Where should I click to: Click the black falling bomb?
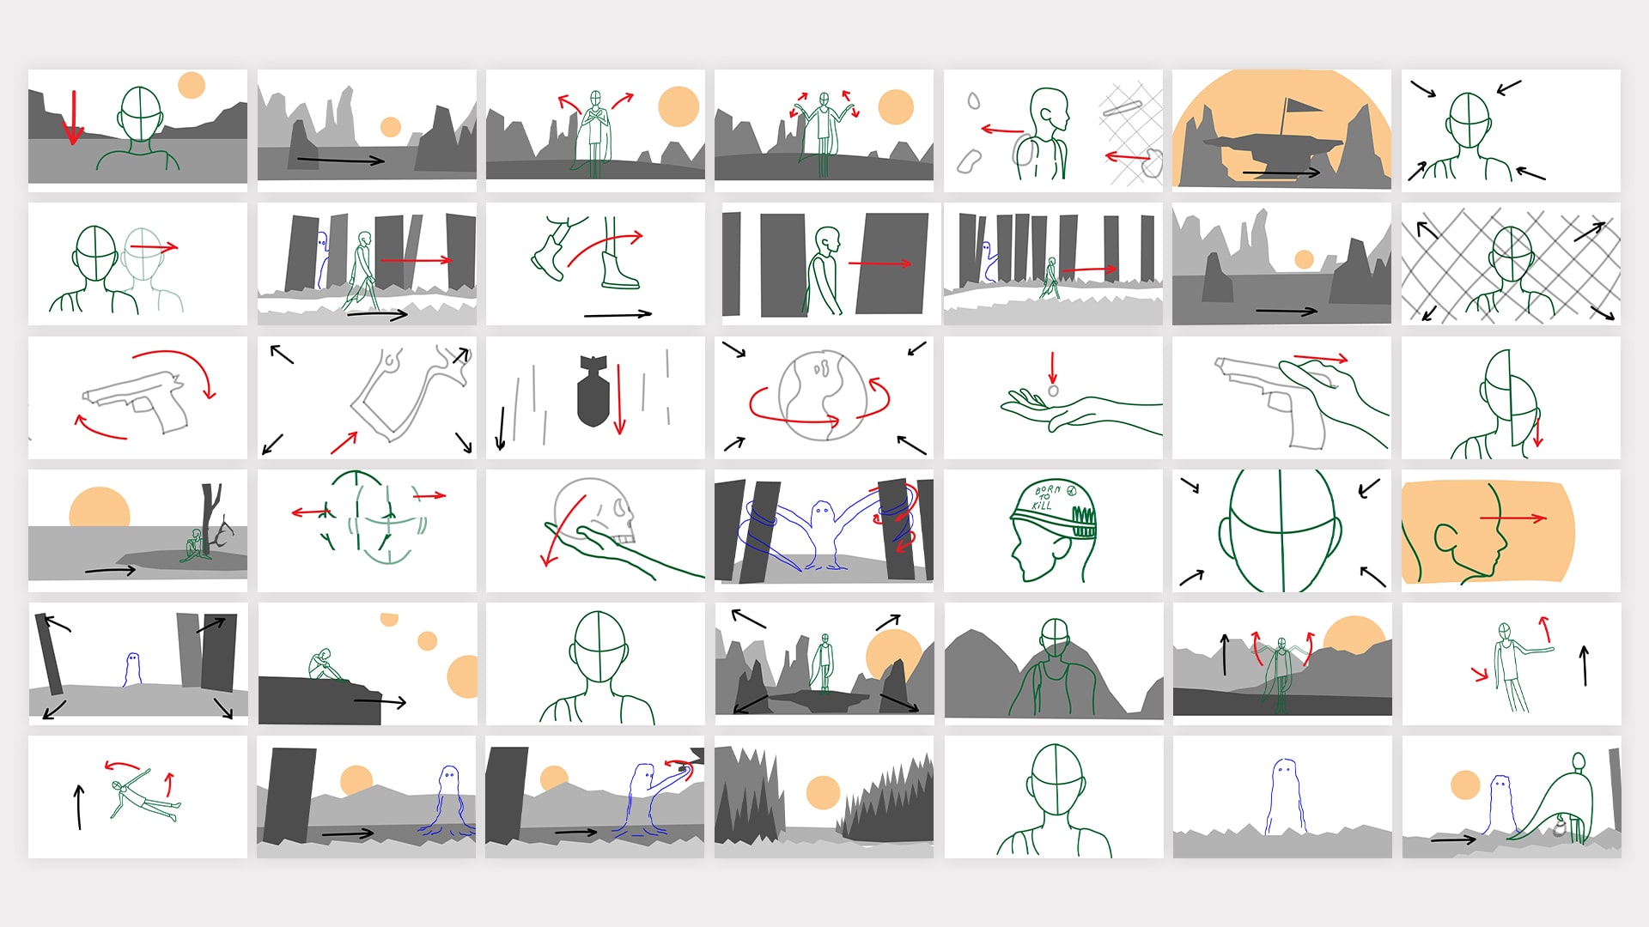coord(593,391)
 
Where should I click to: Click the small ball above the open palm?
coord(1053,391)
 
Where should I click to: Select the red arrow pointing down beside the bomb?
coord(619,398)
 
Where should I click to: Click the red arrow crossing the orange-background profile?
coord(1512,518)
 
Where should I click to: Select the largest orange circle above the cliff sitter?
coord(462,676)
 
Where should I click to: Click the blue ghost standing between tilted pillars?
coord(132,669)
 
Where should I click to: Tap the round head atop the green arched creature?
coord(1579,761)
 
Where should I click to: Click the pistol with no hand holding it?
coord(137,399)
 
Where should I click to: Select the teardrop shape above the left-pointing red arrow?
coord(973,101)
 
